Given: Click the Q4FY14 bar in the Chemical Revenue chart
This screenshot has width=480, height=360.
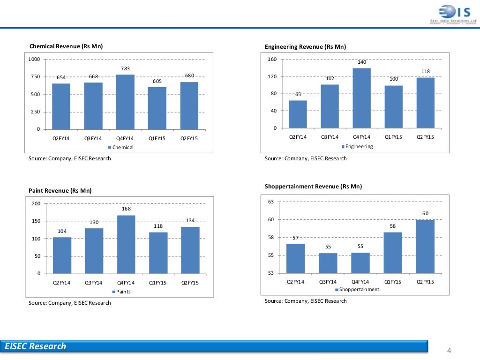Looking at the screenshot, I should pyautogui.click(x=125, y=102).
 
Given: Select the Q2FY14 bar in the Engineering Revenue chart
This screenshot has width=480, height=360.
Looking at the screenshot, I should pyautogui.click(x=298, y=114).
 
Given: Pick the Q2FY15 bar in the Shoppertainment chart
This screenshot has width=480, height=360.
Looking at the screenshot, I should pyautogui.click(x=425, y=246).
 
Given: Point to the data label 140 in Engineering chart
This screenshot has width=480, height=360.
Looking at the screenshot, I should pyautogui.click(x=362, y=62).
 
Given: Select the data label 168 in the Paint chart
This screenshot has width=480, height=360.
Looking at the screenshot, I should pyautogui.click(x=126, y=209).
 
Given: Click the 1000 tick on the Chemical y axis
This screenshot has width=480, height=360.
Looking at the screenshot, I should pyautogui.click(x=34, y=60).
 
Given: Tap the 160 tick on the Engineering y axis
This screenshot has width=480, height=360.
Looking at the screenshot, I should pyautogui.click(x=272, y=60).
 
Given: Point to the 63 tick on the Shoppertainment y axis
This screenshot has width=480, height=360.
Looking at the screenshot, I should pyautogui.click(x=271, y=202).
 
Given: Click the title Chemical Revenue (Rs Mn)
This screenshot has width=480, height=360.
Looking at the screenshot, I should pyautogui.click(x=66, y=46).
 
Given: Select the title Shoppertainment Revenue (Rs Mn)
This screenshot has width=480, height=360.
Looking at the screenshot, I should pyautogui.click(x=313, y=187).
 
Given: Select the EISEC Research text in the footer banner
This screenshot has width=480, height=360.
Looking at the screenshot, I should pyautogui.click(x=36, y=346).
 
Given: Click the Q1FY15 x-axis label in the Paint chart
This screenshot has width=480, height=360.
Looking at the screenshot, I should pyautogui.click(x=158, y=283).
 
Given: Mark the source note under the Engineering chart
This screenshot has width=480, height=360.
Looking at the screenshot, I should pyautogui.click(x=306, y=158).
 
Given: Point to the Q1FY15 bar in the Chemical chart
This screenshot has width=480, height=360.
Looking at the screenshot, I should pyautogui.click(x=157, y=108).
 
